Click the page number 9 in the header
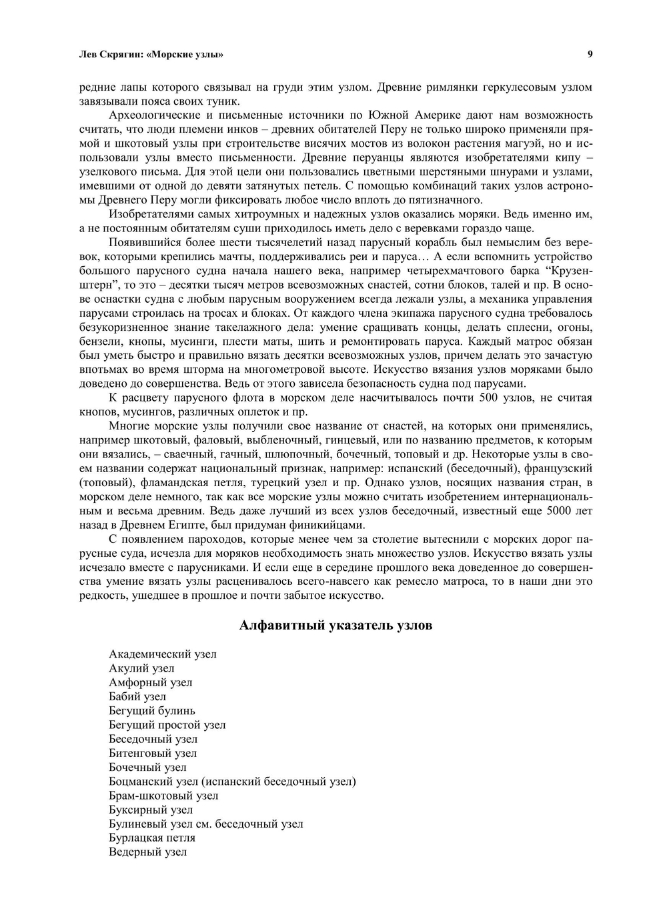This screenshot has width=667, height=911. [590, 55]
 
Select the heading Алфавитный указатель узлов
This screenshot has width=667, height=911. [336, 626]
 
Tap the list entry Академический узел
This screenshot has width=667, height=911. [162, 654]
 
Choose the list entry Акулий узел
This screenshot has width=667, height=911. [141, 668]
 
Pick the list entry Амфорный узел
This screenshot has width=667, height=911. [150, 682]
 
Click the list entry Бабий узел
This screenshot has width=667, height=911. [137, 696]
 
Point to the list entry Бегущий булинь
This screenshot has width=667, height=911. [152, 711]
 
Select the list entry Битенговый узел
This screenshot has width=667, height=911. [153, 754]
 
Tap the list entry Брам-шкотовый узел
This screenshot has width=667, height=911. [163, 796]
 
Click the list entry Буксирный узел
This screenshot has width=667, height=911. [151, 810]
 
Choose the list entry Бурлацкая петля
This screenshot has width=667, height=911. [152, 838]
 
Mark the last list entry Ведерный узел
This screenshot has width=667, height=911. [147, 852]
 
